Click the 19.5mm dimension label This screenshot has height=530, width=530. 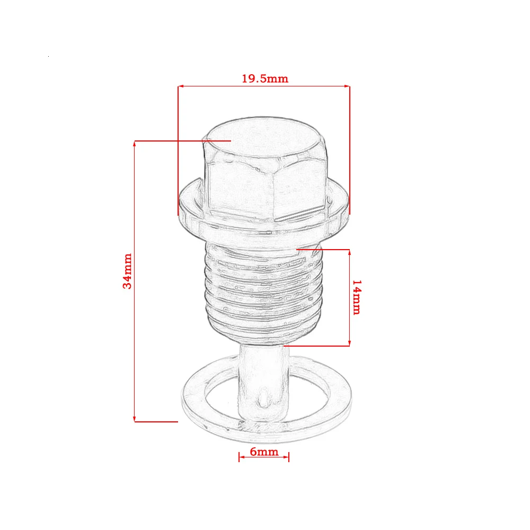265,78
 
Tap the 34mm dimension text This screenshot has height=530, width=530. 127,271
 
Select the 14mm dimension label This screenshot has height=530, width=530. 357,297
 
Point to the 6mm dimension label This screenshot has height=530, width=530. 264,452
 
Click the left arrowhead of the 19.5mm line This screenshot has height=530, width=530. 180,86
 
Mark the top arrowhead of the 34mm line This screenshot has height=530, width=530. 135,143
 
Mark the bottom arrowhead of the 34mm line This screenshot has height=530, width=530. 135,419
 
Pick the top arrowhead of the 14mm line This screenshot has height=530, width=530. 349,252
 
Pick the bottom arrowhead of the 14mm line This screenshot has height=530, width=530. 349,343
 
